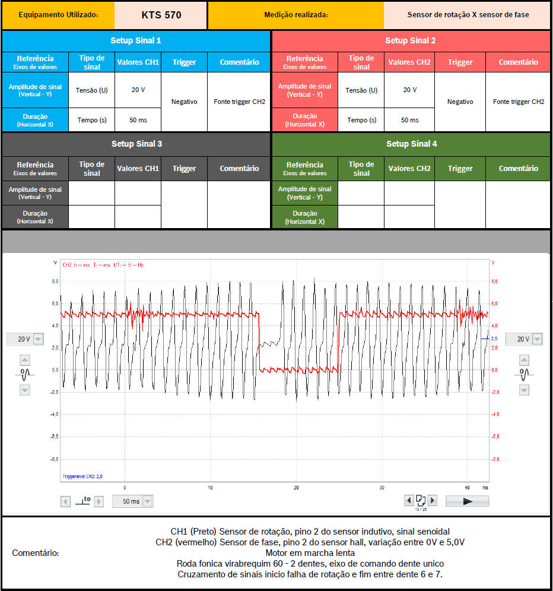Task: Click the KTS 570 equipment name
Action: (161, 15)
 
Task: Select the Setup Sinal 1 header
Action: (136, 40)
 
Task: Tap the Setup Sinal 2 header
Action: (410, 40)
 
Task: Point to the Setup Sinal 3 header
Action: (136, 144)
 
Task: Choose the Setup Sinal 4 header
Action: (410, 144)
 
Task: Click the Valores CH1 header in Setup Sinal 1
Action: (138, 62)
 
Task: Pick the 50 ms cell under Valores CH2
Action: (409, 120)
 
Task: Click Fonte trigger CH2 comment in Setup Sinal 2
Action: (518, 102)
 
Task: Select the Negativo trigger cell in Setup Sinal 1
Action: (184, 102)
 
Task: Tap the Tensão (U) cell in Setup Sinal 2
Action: (361, 90)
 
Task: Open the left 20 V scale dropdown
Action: (38, 339)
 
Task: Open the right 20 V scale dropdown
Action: (537, 339)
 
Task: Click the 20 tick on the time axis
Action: (296, 488)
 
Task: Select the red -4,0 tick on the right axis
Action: (495, 414)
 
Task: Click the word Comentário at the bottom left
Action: (35, 553)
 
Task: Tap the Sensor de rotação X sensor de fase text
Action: (468, 15)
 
